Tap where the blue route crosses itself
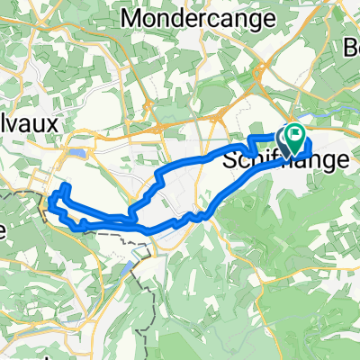133,216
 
